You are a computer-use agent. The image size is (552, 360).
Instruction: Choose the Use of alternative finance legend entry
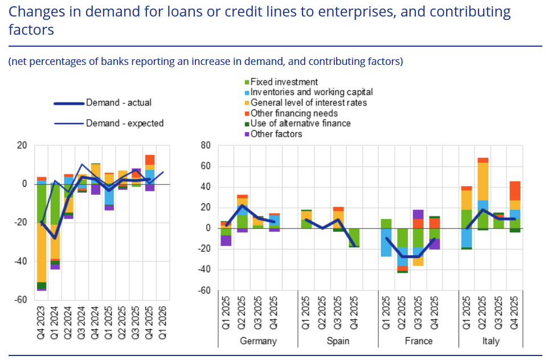[x=301, y=124]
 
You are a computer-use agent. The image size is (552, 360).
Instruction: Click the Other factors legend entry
[x=276, y=134]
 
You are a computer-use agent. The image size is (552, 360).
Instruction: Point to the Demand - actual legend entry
[x=118, y=103]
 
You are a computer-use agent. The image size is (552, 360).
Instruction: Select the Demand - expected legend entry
[x=124, y=123]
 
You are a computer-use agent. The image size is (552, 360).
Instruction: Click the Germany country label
[x=259, y=341]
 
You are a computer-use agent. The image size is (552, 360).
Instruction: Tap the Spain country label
[x=338, y=341]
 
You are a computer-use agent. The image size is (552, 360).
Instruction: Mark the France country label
[x=419, y=341]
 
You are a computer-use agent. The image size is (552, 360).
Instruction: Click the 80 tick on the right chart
[x=206, y=146]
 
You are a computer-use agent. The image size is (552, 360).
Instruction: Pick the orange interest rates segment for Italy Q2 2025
[x=483, y=181]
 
